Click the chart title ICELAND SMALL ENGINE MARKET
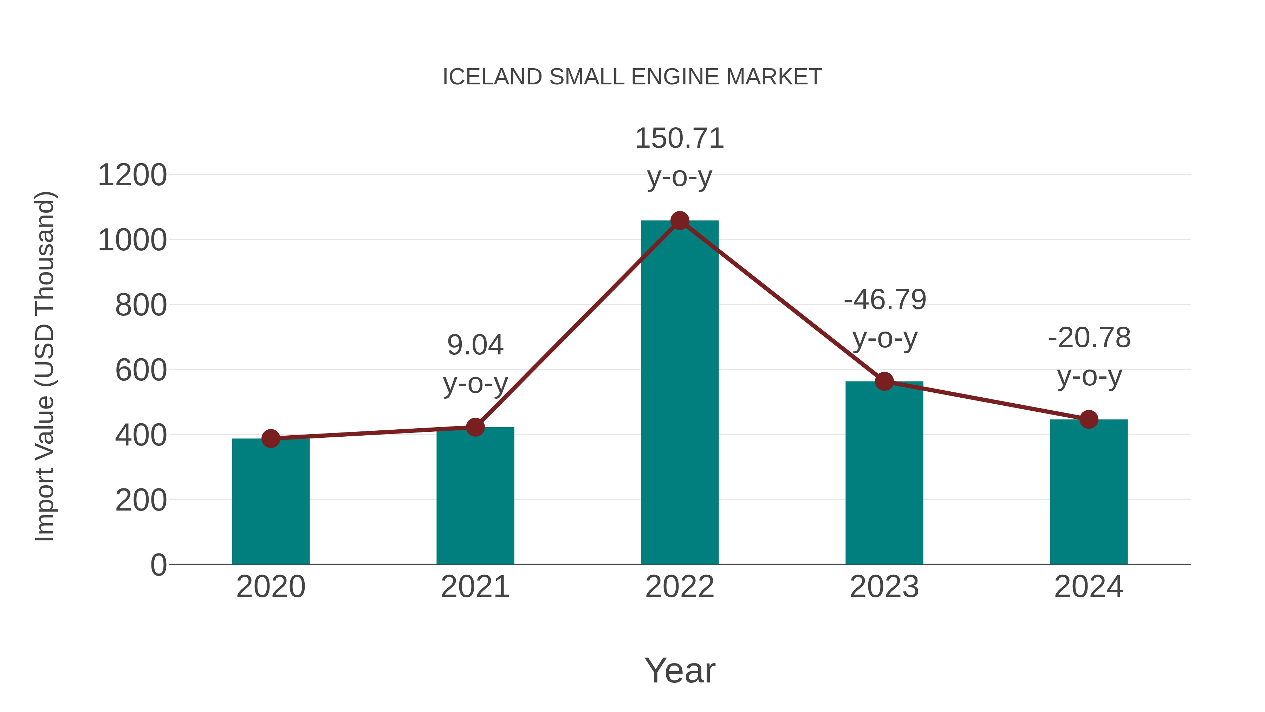(632, 77)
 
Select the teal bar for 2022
(680, 393)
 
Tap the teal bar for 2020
(271, 501)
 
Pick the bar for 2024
(1089, 492)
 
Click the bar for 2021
(475, 496)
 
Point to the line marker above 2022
(680, 220)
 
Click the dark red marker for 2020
(271, 438)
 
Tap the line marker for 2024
(1089, 419)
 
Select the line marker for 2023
(884, 381)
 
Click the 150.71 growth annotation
(680, 139)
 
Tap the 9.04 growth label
(475, 345)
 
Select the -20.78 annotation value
(1089, 338)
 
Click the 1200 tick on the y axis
(132, 175)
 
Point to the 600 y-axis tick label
(141, 371)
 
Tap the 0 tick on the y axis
(158, 565)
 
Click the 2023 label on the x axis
(884, 587)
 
